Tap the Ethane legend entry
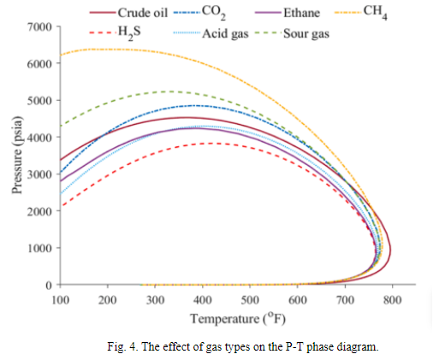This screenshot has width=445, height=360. (300, 13)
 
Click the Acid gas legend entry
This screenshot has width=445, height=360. (224, 33)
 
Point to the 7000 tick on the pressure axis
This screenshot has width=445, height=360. (39, 27)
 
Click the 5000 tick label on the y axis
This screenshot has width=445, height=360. (39, 100)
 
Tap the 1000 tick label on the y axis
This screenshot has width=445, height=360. (39, 248)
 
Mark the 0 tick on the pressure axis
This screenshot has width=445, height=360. (49, 285)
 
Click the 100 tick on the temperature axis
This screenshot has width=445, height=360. (60, 300)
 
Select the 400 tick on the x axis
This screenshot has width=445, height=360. (202, 300)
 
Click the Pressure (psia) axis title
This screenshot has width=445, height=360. (17, 156)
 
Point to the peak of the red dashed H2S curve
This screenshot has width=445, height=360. (202, 143)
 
